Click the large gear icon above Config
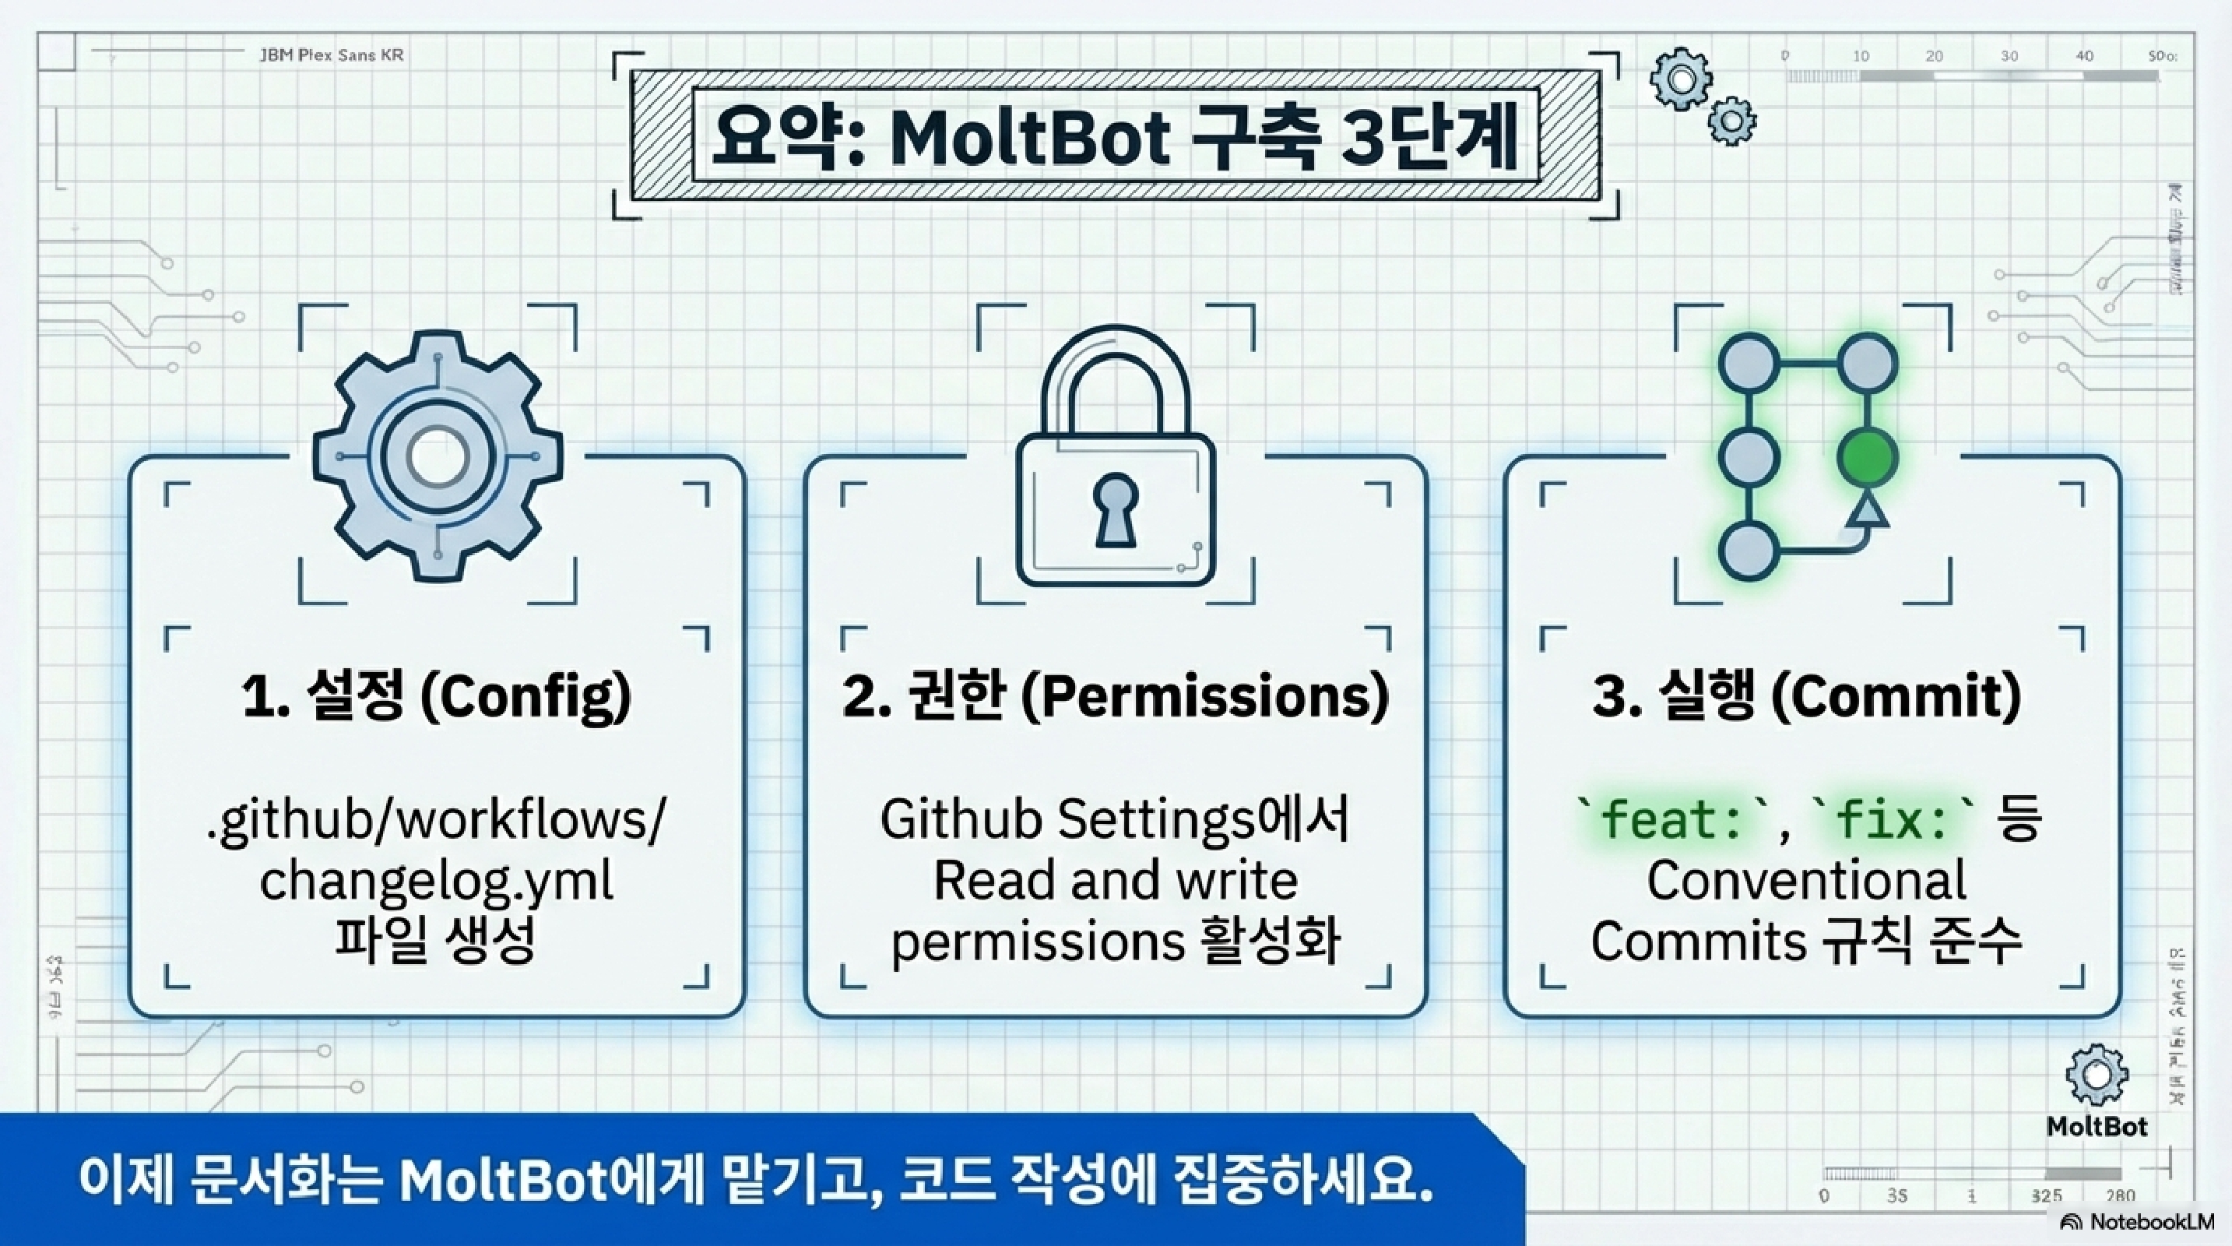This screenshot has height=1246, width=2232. pyautogui.click(x=438, y=456)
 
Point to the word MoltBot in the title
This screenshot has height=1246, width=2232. pyautogui.click(x=1030, y=139)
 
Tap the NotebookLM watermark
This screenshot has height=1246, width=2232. pyautogui.click(x=2139, y=1222)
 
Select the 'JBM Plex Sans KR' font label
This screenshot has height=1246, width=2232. pyautogui.click(x=332, y=55)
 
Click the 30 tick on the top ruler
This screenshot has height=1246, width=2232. pyautogui.click(x=2009, y=56)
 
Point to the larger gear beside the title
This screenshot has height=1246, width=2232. pyautogui.click(x=1681, y=79)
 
